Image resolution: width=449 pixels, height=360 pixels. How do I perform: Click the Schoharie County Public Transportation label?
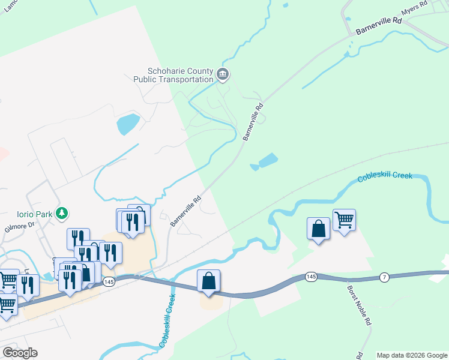click(173, 74)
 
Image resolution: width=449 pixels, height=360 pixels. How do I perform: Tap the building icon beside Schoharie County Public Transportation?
click(223, 74)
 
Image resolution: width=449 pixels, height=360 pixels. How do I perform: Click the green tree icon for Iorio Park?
click(61, 213)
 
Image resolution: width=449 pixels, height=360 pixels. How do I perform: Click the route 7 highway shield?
click(384, 277)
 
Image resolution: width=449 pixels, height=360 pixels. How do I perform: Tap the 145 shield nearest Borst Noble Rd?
click(310, 277)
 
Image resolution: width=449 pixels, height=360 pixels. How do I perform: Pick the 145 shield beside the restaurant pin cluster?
click(108, 281)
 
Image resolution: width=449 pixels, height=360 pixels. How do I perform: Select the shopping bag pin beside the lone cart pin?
click(318, 229)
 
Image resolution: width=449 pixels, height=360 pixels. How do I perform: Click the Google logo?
click(20, 353)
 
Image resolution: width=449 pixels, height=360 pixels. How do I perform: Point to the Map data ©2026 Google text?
click(412, 355)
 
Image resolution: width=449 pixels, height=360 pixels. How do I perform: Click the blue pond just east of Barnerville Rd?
click(265, 161)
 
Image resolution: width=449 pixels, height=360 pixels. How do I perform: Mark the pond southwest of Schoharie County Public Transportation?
click(128, 124)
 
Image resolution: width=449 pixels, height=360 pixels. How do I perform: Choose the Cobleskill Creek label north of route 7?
click(385, 177)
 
